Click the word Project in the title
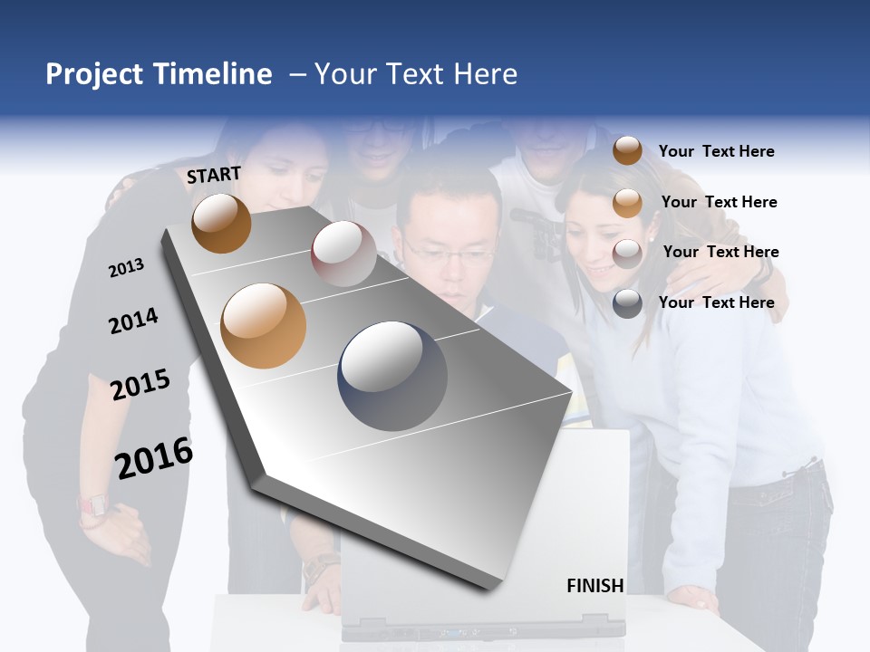[94, 74]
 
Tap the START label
[214, 175]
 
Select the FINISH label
[595, 586]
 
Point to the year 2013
[126, 267]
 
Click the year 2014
[133, 321]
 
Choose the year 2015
[140, 385]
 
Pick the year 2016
[154, 457]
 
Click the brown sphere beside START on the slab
[222, 223]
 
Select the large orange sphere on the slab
[264, 326]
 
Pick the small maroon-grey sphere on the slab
[343, 254]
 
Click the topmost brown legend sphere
[627, 150]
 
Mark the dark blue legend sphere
[627, 303]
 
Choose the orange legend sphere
[627, 203]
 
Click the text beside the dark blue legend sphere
[716, 302]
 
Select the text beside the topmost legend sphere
[716, 151]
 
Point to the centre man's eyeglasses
[451, 254]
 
